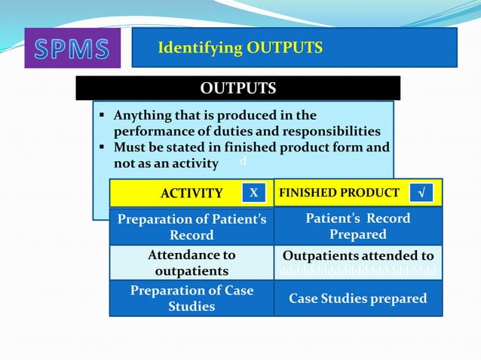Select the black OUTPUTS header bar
coord(237,89)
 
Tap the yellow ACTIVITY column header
coord(191,194)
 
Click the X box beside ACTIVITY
coord(254,193)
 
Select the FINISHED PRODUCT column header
coord(339,193)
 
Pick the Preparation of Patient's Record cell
coord(191,226)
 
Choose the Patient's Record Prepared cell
coord(358,226)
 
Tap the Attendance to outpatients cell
coord(191,262)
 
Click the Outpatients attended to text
coord(358,255)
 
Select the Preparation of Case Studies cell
coord(191,298)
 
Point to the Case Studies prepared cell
coord(358,298)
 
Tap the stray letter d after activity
coord(242,162)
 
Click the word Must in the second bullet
coord(129,147)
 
